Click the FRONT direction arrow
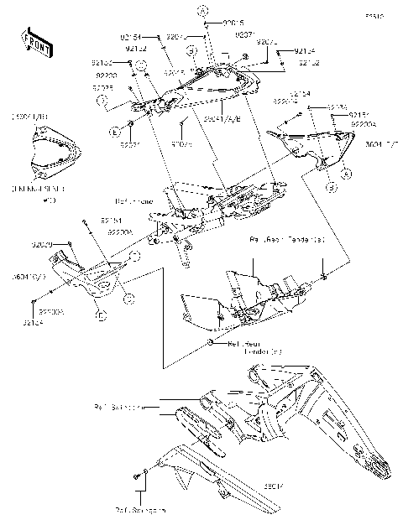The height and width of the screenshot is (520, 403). pyautogui.click(x=33, y=39)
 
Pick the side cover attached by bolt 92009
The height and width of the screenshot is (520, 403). pyautogui.click(x=88, y=281)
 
